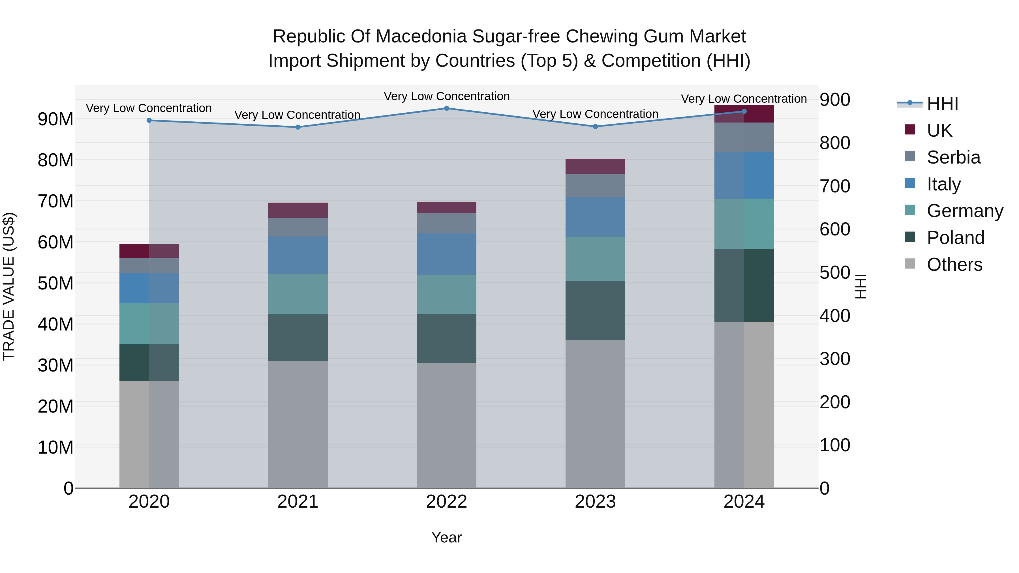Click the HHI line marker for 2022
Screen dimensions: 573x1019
(x=447, y=108)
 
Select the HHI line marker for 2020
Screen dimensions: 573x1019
(x=149, y=120)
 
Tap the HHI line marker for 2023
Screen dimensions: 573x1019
(x=595, y=126)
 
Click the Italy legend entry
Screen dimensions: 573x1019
(x=943, y=184)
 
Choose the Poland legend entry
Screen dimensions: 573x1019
(x=955, y=238)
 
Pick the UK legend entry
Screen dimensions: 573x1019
(x=939, y=130)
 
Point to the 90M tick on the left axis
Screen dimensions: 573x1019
(x=55, y=119)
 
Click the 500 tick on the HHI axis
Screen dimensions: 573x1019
(x=835, y=272)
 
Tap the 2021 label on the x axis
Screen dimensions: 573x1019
(x=297, y=502)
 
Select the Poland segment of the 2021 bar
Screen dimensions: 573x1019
(x=297, y=337)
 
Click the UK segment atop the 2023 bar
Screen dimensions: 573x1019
(x=595, y=166)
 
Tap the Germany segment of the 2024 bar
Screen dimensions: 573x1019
(x=744, y=224)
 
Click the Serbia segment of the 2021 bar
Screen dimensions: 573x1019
(x=297, y=227)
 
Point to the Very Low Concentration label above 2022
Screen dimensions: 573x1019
(x=447, y=96)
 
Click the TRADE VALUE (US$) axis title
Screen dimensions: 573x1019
(x=9, y=286)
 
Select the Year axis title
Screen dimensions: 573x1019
(x=447, y=537)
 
